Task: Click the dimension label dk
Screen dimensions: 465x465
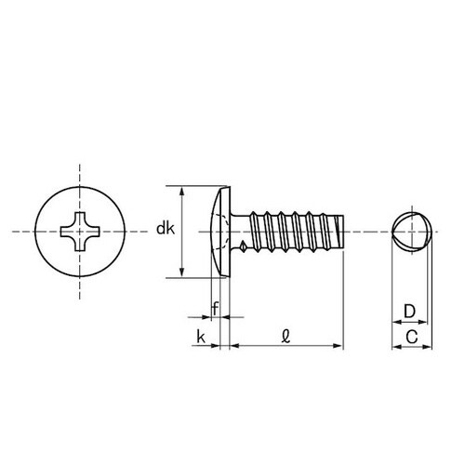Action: click(x=166, y=229)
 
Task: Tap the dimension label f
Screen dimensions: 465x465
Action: click(x=215, y=309)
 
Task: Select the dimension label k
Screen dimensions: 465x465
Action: click(x=201, y=337)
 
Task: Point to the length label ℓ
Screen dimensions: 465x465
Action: click(x=286, y=337)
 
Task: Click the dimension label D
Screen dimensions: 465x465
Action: click(x=409, y=312)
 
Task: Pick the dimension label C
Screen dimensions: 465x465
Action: click(x=412, y=337)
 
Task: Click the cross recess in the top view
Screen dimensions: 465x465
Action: click(x=80, y=232)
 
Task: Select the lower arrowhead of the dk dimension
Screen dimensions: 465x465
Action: click(x=182, y=272)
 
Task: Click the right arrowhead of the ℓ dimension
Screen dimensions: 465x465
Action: click(x=338, y=346)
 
